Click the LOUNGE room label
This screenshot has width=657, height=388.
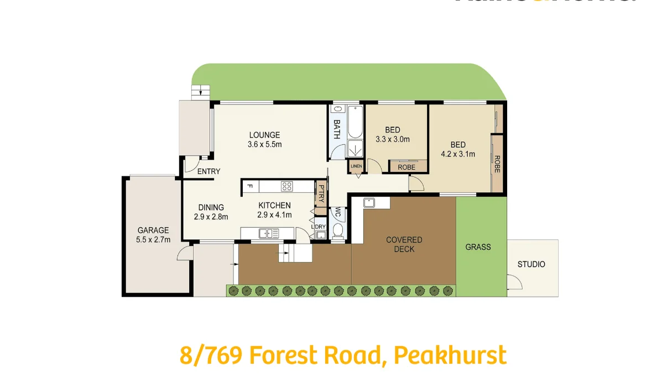point(264,135)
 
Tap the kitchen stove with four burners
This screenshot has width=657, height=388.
point(286,186)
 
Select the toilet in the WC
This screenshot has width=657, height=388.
point(338,230)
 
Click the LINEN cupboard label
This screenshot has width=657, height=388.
point(356,166)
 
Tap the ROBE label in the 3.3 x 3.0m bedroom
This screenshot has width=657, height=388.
point(406,167)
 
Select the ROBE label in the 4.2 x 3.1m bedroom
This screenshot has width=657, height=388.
point(497,164)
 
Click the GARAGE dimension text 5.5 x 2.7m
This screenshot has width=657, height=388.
point(154,239)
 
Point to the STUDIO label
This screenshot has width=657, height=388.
point(531,264)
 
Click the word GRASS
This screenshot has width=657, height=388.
point(478,247)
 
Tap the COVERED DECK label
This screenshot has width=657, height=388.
point(404,244)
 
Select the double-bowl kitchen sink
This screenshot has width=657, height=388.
point(267,233)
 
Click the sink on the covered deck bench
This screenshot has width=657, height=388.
point(369,202)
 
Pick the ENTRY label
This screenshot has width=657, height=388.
point(208,171)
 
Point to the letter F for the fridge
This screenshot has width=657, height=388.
point(250,186)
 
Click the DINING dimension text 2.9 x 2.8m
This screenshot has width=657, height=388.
point(211,217)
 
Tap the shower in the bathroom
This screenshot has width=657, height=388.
point(354,148)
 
